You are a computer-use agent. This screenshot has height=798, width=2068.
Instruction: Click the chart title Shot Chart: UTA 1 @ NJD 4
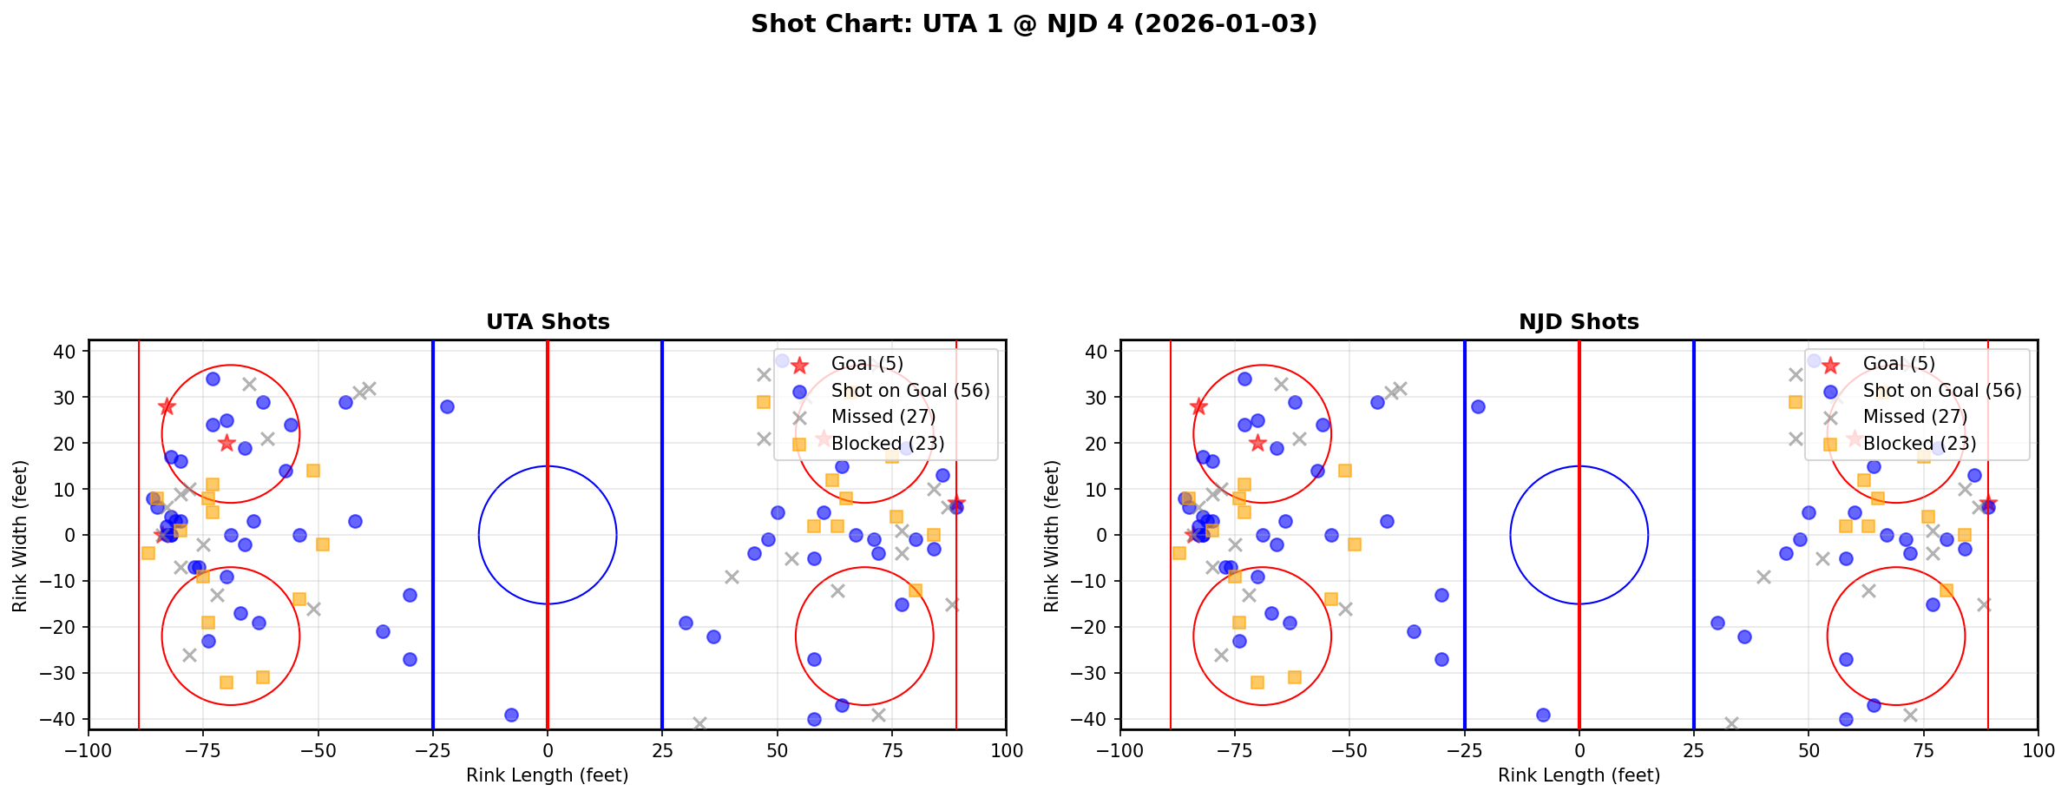point(1034,24)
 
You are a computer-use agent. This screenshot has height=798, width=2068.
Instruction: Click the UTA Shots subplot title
point(548,322)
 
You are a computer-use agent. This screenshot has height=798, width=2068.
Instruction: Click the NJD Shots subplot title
point(1579,322)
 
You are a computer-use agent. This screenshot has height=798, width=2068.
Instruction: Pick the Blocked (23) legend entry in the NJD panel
point(1919,444)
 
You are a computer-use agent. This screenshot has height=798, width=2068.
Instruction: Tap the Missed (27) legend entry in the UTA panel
point(883,417)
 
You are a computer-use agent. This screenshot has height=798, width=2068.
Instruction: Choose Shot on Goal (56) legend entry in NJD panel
point(1941,391)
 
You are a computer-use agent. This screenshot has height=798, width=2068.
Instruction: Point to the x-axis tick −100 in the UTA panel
point(89,749)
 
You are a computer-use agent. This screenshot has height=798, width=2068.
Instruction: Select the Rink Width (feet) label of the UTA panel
point(20,535)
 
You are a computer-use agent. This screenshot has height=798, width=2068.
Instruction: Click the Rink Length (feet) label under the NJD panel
point(1579,775)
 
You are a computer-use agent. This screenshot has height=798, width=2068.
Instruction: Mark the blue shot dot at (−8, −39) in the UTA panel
point(511,715)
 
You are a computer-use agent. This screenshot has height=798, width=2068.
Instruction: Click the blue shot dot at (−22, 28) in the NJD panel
point(1478,406)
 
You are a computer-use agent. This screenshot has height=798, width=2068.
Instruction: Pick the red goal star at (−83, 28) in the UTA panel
point(167,406)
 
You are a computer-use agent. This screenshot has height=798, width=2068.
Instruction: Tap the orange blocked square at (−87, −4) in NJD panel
point(1179,553)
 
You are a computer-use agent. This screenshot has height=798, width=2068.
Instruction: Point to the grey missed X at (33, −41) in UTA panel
point(699,723)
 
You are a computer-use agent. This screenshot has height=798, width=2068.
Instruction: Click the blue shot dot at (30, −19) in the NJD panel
point(1717,623)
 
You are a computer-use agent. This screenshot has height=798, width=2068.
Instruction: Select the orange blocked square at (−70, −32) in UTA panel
point(226,683)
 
